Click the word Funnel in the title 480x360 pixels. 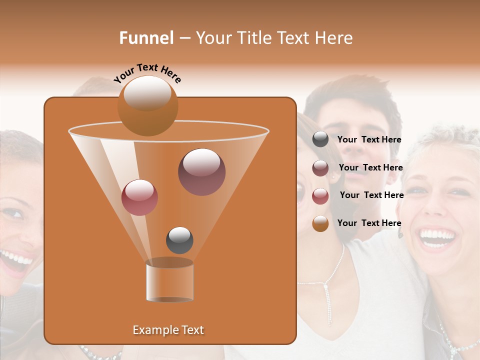[x=146, y=38]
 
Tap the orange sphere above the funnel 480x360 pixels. [x=147, y=105]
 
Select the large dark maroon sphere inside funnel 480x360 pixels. [x=201, y=171]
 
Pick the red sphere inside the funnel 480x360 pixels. [x=139, y=197]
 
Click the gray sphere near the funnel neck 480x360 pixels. [x=179, y=240]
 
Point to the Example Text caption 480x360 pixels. [x=168, y=330]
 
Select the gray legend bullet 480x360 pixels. [x=320, y=139]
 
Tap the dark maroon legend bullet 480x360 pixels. [x=320, y=168]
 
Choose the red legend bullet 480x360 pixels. [x=320, y=196]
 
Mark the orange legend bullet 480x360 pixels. [x=320, y=223]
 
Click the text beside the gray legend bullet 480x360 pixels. [x=369, y=139]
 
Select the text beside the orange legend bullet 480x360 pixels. [x=369, y=223]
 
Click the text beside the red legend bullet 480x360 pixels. [x=371, y=195]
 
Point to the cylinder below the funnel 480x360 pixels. [x=169, y=281]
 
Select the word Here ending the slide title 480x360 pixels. [x=334, y=38]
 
